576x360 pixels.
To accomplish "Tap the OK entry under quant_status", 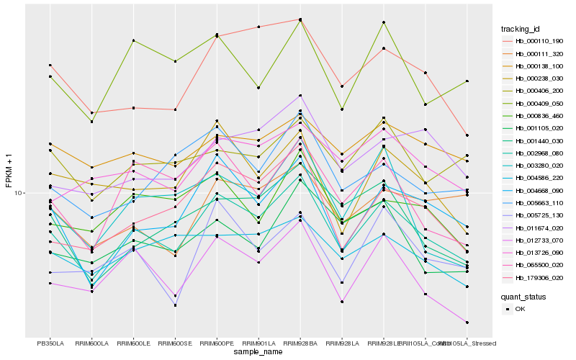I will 521,309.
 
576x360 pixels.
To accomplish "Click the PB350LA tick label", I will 50,343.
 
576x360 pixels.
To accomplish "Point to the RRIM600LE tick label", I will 134,343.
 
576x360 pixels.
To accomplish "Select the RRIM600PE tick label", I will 217,343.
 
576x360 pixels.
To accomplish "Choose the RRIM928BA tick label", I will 300,343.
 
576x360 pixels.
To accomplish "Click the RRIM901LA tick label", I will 258,343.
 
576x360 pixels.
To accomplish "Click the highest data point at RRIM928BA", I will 300,19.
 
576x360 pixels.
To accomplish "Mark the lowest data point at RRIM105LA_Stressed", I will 467,323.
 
